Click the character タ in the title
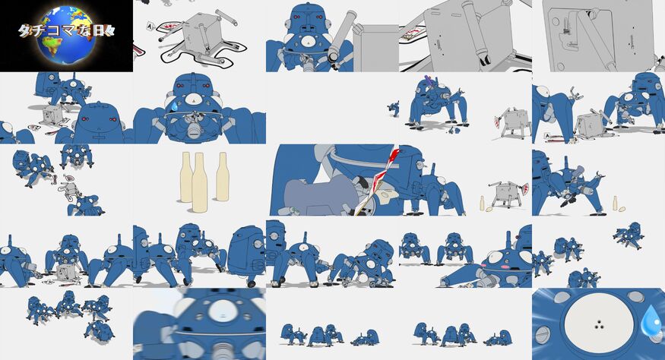25,31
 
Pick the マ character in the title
69,31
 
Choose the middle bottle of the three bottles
200,182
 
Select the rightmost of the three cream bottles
222,176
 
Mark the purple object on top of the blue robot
430,81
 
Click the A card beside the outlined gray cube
149,27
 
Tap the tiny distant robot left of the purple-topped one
394,109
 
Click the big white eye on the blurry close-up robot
223,311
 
